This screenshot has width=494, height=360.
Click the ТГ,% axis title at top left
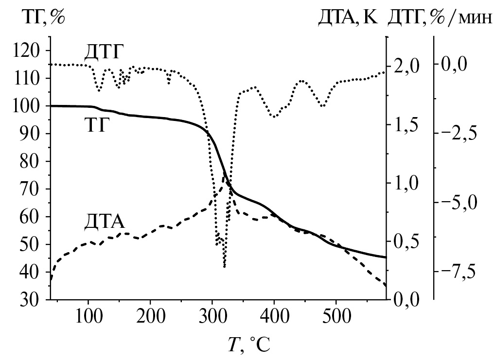(x=42, y=18)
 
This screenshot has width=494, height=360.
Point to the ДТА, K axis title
(x=347, y=18)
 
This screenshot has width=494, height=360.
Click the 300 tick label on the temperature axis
(x=212, y=320)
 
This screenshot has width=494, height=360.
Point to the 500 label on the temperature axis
(x=336, y=320)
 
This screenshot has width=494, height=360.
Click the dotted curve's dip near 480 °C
(x=322, y=105)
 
